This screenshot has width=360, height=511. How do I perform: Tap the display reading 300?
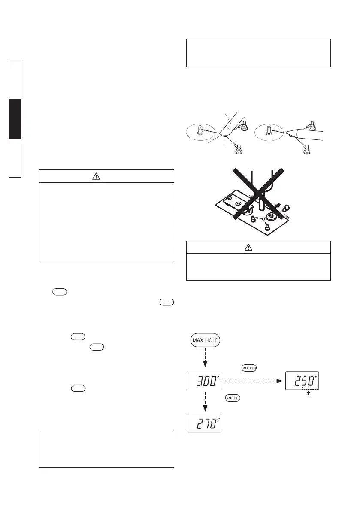coord(205,381)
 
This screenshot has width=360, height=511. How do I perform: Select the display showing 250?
coord(302,381)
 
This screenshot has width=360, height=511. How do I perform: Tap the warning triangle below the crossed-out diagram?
coord(258,247)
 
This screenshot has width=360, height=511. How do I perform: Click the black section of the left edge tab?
coord(15,119)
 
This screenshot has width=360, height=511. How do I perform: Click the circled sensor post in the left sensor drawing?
coord(200,130)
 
